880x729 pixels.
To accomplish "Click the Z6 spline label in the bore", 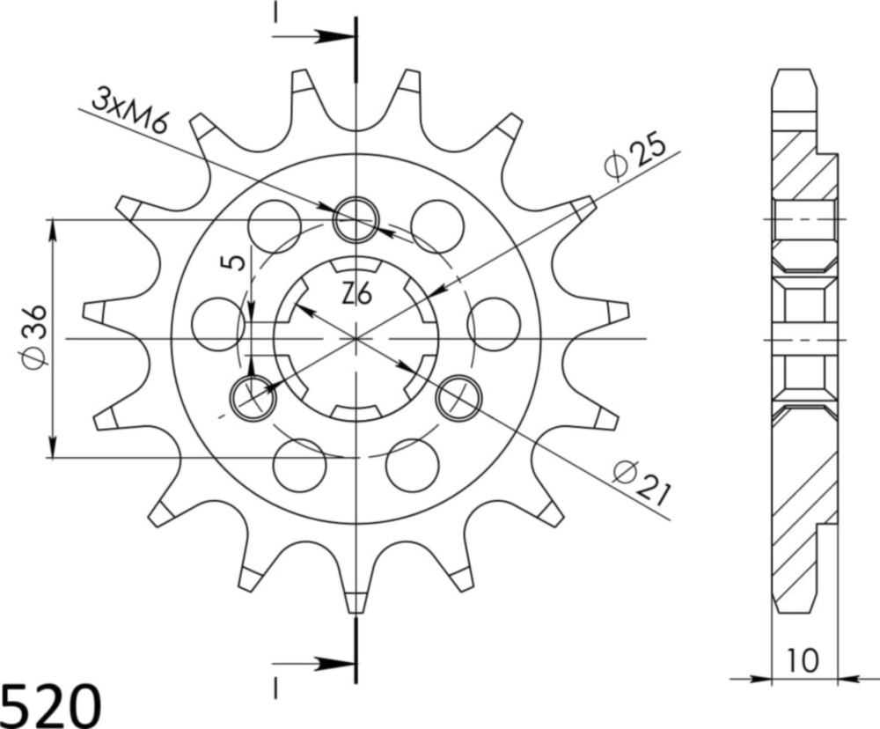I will click(x=356, y=294).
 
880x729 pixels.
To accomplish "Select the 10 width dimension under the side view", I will click(x=802, y=658).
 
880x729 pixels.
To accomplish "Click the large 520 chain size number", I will click(x=50, y=704).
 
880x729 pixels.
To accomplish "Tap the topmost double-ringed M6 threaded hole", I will click(x=356, y=217).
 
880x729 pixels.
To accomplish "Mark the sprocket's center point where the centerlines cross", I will click(x=356, y=338).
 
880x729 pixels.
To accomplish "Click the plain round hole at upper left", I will click(x=274, y=225).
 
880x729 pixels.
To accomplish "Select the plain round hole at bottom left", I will click(x=300, y=464).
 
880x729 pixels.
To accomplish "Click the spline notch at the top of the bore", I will click(x=356, y=265).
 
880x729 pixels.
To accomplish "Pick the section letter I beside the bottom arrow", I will click(x=275, y=683).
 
